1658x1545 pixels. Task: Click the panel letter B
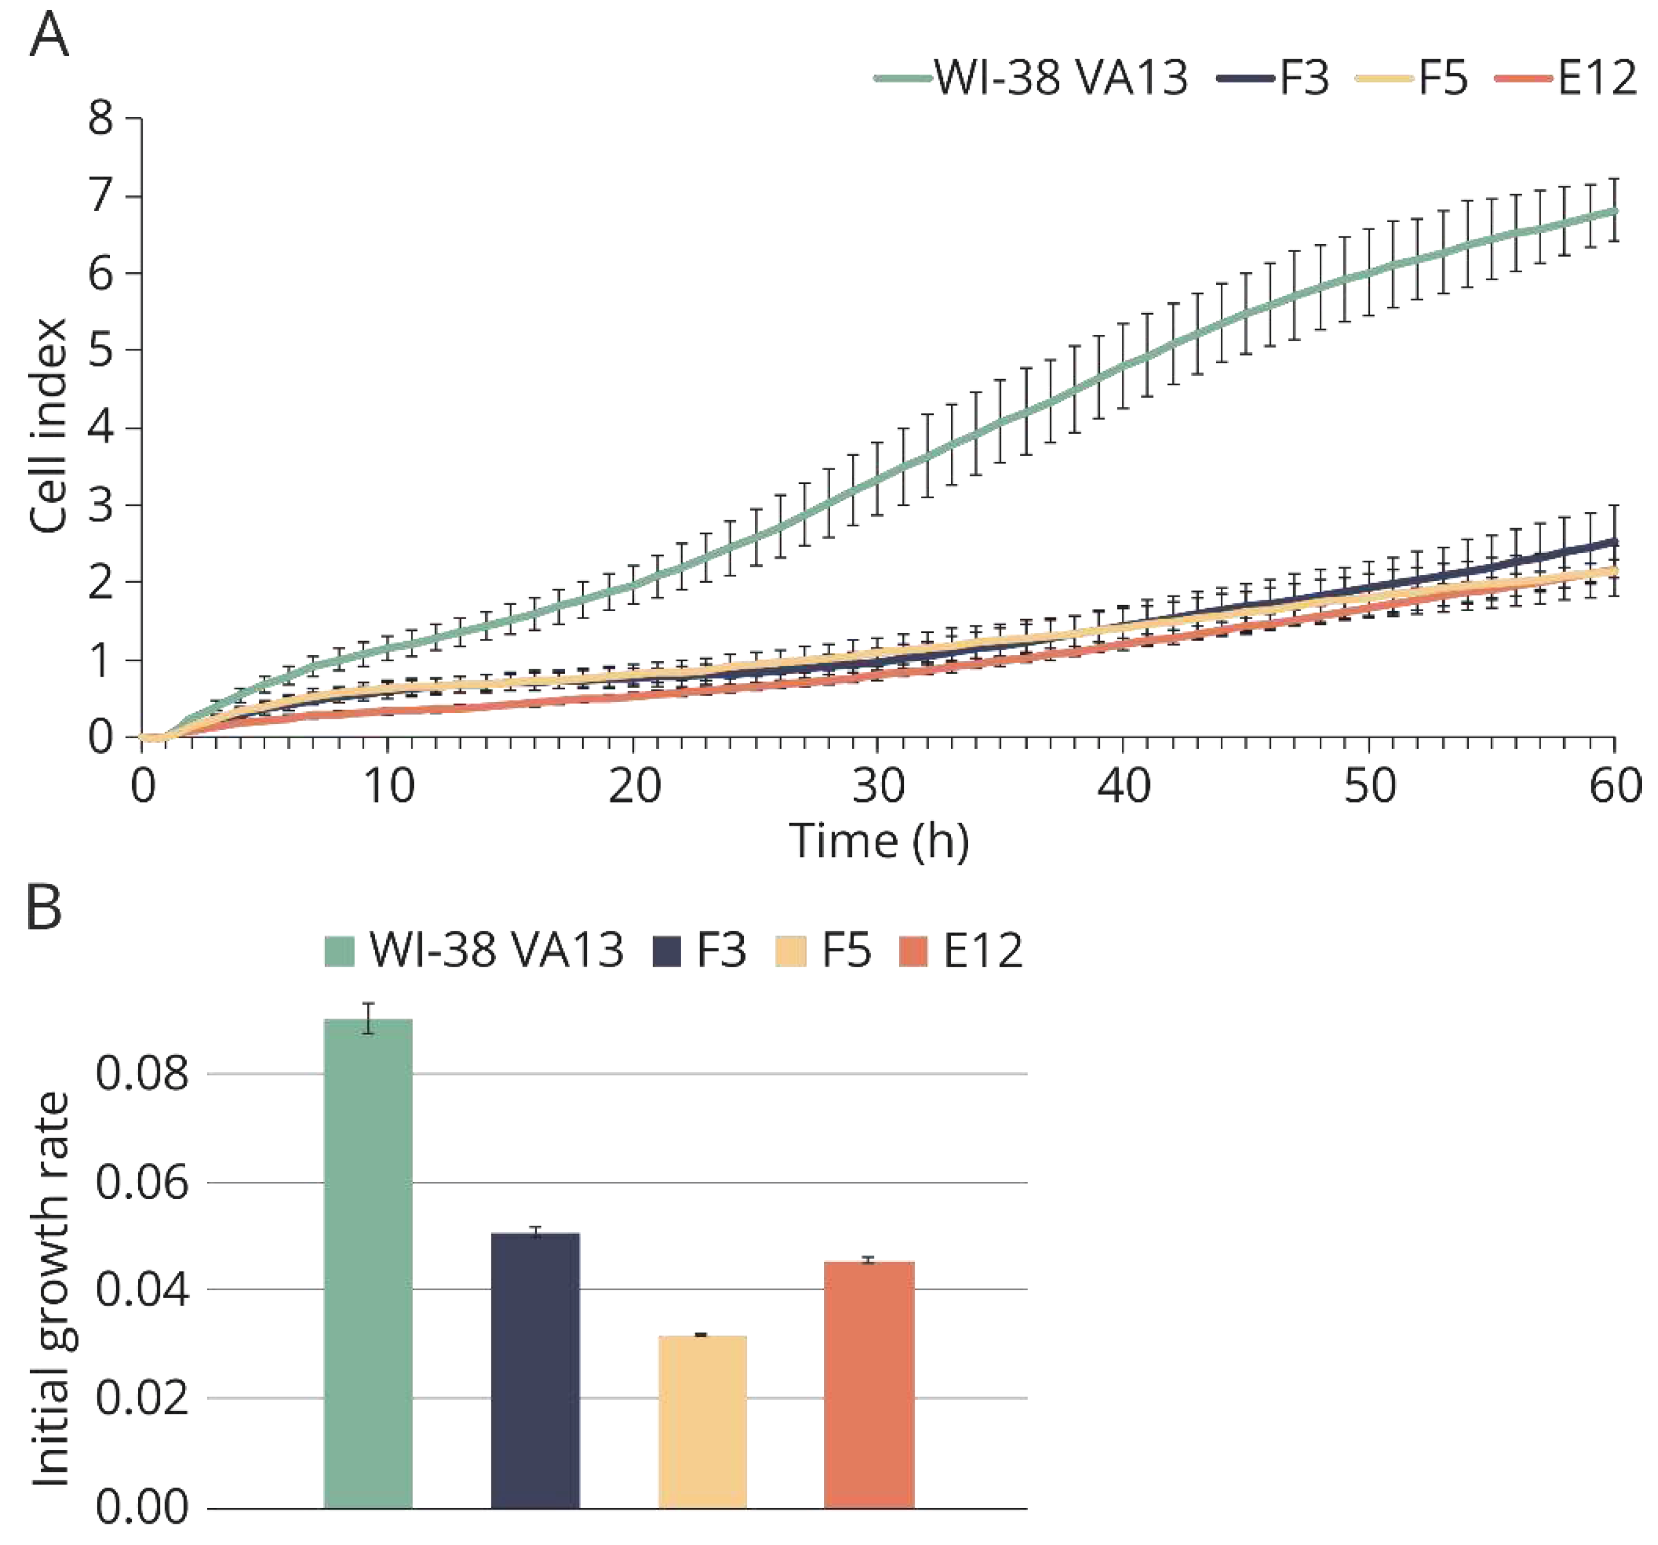44,907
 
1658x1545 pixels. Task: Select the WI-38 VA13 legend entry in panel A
1033,78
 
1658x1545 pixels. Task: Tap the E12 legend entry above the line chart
1567,78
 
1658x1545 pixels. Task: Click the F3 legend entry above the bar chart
699,950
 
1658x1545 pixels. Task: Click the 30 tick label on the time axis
878,786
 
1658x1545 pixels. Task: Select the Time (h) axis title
879,840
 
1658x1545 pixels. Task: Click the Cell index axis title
48,425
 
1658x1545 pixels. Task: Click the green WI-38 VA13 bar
368,1268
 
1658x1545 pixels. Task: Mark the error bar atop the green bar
368,1018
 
